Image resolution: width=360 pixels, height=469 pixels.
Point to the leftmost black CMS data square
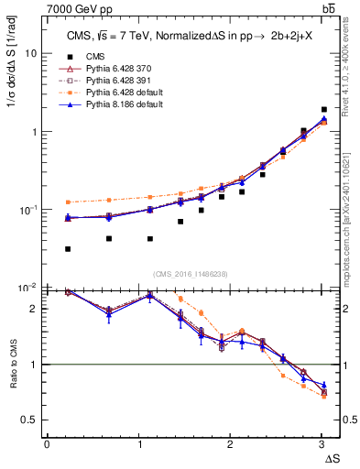pyautogui.click(x=69, y=249)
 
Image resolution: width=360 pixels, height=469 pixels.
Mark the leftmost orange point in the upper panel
pyautogui.click(x=69, y=202)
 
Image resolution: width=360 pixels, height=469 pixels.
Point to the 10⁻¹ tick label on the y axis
pyautogui.click(x=28, y=210)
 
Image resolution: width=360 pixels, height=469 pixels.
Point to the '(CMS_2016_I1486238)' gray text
pyautogui.click(x=190, y=275)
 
